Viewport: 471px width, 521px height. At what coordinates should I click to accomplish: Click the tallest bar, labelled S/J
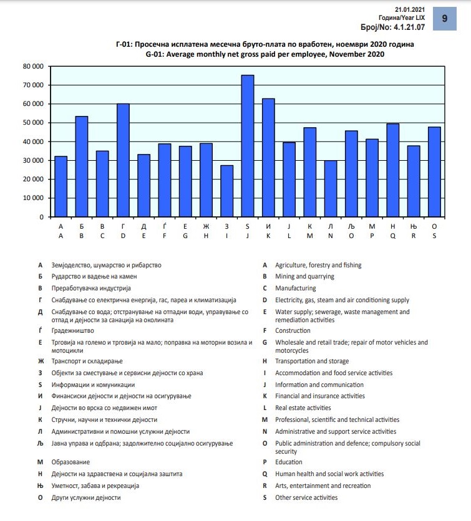(248, 146)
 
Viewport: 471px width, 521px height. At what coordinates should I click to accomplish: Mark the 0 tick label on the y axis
(41, 217)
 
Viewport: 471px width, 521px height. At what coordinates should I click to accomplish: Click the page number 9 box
(445, 19)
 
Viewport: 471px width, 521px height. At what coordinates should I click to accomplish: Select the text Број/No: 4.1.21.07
(393, 28)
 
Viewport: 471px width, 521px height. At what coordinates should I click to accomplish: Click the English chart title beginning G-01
(265, 54)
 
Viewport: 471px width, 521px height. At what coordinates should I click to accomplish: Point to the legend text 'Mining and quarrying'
(304, 277)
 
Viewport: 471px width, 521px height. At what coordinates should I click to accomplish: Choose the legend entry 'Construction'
(293, 331)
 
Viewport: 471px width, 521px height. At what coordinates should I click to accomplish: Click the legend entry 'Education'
(289, 462)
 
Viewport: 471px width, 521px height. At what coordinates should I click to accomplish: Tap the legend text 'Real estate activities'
(303, 408)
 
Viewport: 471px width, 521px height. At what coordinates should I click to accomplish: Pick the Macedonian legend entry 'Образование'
(70, 462)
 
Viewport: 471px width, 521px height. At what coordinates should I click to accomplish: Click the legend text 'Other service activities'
(306, 498)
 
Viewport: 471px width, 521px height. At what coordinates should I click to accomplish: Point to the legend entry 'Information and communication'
(319, 385)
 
